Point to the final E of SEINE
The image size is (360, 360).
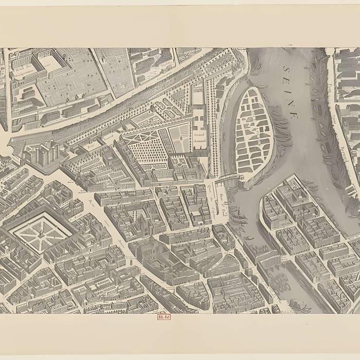click(295, 116)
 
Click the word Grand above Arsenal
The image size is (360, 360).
click(199, 134)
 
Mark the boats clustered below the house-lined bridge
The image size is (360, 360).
click(280, 280)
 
